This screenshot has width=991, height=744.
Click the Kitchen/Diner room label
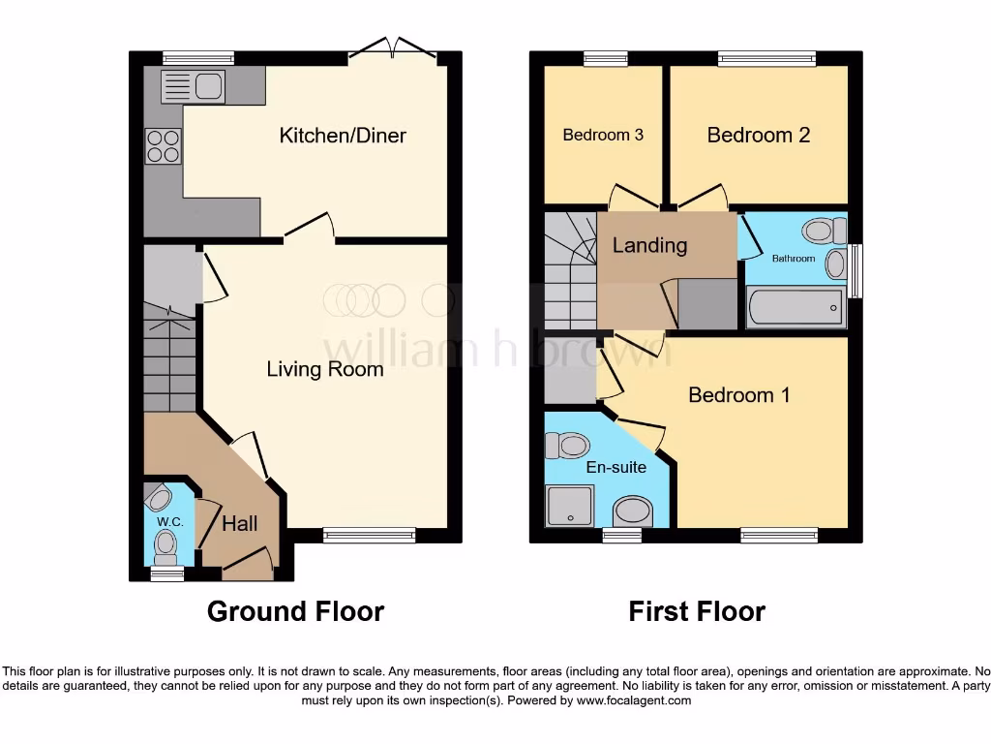click(343, 136)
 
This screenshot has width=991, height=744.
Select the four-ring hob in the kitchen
click(163, 145)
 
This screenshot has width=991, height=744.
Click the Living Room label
click(325, 369)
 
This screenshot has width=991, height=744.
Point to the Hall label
click(240, 524)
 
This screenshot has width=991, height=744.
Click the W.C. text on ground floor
click(170, 522)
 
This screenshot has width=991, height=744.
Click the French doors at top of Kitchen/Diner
click(396, 48)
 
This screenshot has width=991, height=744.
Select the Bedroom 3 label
click(603, 136)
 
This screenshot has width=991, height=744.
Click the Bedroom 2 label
click(759, 136)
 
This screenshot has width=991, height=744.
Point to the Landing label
click(649, 246)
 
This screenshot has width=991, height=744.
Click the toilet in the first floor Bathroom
click(821, 231)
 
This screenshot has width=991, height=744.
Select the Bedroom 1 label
click(738, 395)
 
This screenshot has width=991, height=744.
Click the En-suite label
click(616, 467)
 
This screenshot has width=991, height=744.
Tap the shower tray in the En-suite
click(569, 505)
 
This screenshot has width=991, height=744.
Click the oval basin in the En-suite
click(633, 511)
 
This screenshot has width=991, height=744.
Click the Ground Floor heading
click(295, 612)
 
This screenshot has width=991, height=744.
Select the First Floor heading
click(697, 612)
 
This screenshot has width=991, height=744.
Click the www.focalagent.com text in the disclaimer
click(633, 700)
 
